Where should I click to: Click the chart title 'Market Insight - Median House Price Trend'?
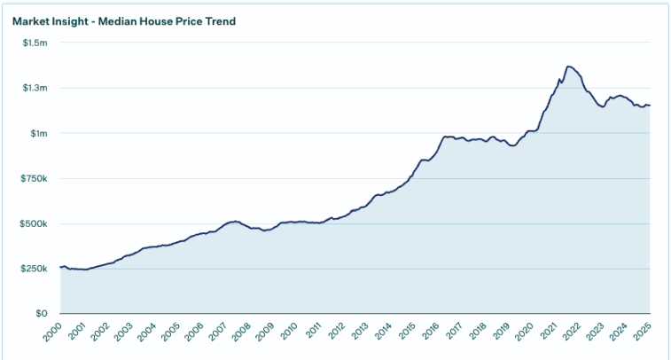pyautogui.click(x=124, y=20)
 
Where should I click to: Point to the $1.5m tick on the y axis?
pyautogui.click(x=36, y=43)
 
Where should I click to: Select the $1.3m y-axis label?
pyautogui.click(x=36, y=88)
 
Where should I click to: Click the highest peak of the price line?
pyautogui.click(x=568, y=67)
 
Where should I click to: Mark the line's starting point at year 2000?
pyautogui.click(x=60, y=267)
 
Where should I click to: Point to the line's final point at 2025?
pyautogui.click(x=650, y=106)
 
